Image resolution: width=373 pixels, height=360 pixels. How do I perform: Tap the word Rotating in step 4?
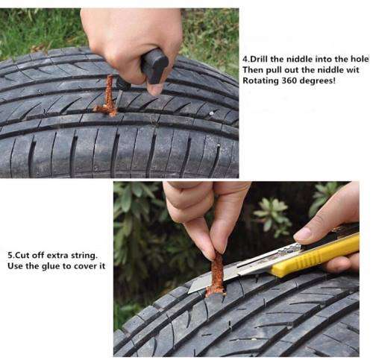pos(259,80)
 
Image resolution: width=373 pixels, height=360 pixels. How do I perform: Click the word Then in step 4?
pos(254,69)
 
